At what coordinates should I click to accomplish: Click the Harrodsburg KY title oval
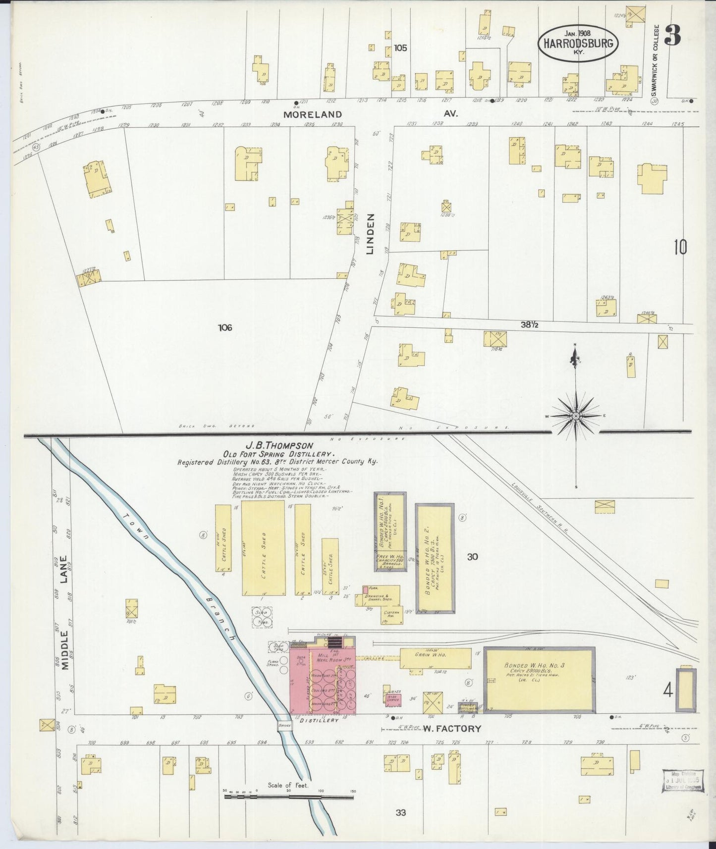pos(578,43)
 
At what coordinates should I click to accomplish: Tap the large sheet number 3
pos(672,35)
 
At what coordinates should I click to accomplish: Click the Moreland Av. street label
pos(313,114)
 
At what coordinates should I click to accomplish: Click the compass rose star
pos(575,417)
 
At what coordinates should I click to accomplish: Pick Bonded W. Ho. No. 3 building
pos(539,679)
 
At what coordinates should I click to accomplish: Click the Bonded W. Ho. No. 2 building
pos(435,558)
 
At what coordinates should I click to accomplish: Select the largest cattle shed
pos(263,547)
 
